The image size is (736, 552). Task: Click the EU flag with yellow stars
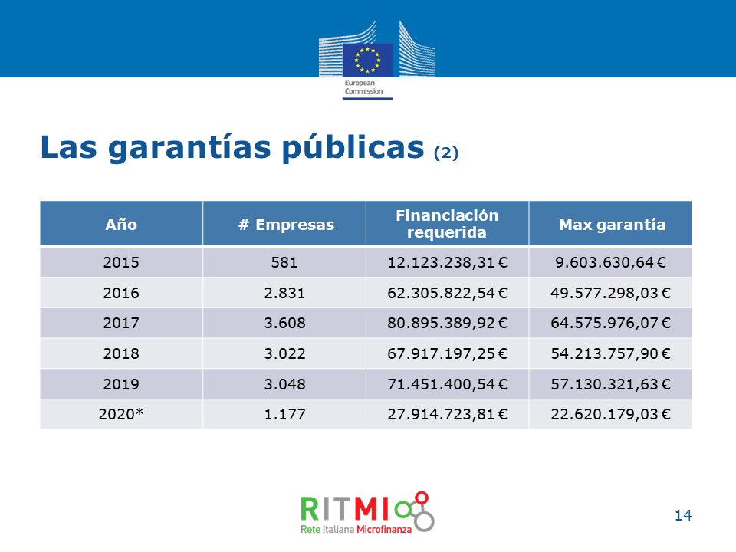click(x=367, y=60)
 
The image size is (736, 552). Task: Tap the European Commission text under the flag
click(x=363, y=87)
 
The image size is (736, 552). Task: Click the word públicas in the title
click(x=353, y=147)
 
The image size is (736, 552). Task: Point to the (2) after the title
click(x=446, y=153)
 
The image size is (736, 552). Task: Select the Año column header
click(x=121, y=225)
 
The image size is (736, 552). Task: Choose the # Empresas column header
click(x=286, y=225)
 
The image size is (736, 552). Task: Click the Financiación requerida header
click(x=447, y=224)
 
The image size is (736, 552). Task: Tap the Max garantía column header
click(x=613, y=225)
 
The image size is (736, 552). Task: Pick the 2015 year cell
click(x=121, y=262)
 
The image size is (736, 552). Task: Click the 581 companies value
click(x=284, y=262)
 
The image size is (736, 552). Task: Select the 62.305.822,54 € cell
click(x=447, y=293)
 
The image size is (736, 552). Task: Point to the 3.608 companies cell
click(x=284, y=323)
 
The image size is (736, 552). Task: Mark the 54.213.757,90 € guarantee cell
click(x=611, y=353)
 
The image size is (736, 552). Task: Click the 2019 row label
click(x=121, y=384)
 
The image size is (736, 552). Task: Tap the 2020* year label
click(x=121, y=414)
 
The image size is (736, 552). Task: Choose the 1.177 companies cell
click(x=284, y=414)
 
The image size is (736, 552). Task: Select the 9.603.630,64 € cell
click(x=611, y=262)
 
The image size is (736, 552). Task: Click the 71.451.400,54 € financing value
click(x=447, y=384)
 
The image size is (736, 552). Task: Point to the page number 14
click(x=683, y=515)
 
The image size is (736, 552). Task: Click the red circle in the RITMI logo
click(x=422, y=498)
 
